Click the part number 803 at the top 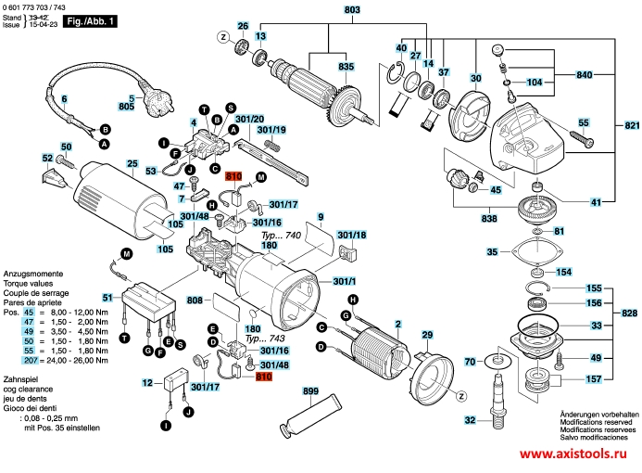point(326,10)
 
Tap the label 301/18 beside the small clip point(351,236)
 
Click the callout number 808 point(195,300)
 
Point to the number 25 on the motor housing point(132,164)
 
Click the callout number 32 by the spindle point(470,420)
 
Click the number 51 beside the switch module point(107,297)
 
